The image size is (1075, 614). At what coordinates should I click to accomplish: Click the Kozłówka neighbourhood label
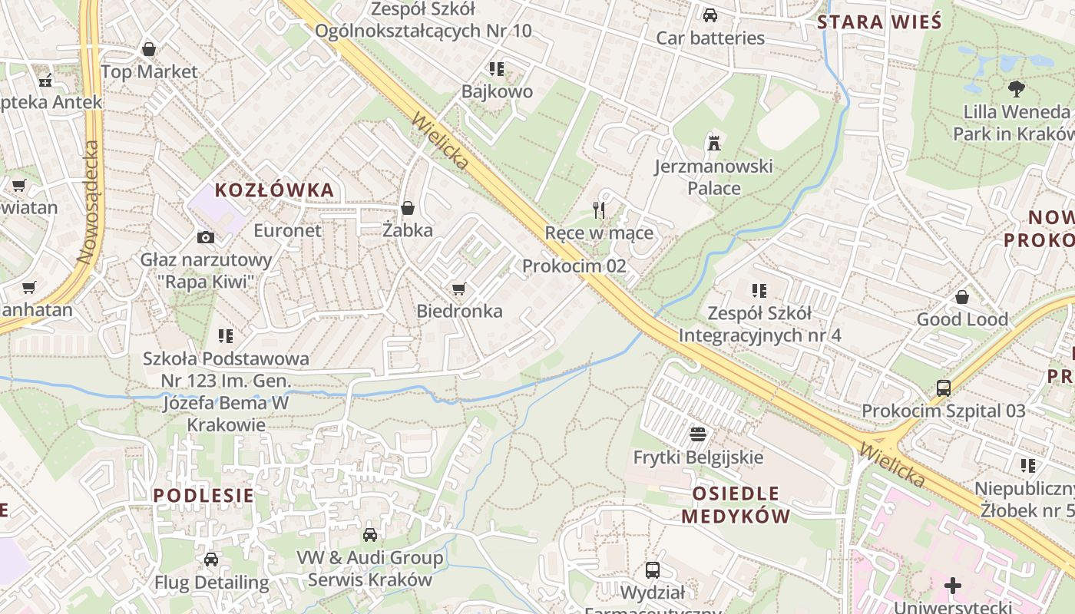(x=274, y=190)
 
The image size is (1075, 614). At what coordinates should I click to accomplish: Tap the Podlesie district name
(x=203, y=495)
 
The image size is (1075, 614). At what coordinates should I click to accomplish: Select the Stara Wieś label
(x=879, y=21)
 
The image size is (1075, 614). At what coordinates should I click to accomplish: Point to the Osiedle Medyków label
(x=736, y=504)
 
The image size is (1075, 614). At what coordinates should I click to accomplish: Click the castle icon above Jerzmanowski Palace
(x=714, y=143)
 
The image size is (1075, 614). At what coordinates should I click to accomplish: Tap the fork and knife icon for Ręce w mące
(x=600, y=210)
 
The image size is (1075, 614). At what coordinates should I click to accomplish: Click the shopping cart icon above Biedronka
(x=458, y=289)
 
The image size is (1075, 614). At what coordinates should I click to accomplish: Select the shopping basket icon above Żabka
(x=408, y=208)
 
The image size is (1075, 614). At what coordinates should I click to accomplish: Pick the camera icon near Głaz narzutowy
(x=205, y=237)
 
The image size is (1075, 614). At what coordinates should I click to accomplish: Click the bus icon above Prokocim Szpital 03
(x=944, y=388)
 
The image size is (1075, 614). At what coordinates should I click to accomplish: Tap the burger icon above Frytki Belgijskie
(x=698, y=435)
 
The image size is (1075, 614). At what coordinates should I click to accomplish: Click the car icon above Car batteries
(x=710, y=15)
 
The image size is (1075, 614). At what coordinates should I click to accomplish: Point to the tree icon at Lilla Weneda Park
(x=1017, y=88)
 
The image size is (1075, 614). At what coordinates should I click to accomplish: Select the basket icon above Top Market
(x=149, y=49)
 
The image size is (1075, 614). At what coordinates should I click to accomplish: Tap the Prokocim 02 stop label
(x=574, y=266)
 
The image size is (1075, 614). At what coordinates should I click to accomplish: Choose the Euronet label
(x=287, y=230)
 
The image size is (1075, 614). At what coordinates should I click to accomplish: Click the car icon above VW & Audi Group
(x=370, y=535)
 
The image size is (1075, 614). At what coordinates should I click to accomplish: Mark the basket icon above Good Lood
(x=962, y=297)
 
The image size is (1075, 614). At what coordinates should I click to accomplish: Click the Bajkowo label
(x=497, y=92)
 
